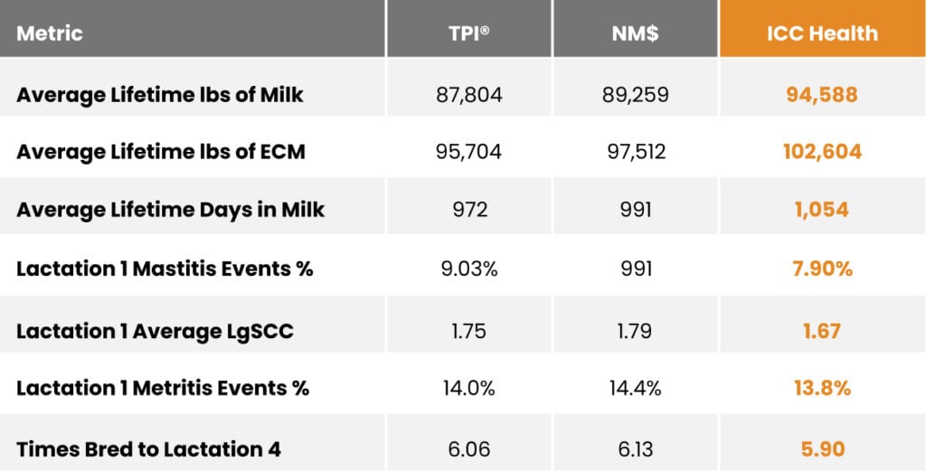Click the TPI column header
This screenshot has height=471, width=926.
(469, 33)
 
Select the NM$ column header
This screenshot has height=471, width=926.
(636, 33)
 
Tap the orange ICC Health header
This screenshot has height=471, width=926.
(822, 33)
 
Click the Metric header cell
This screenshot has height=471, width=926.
(50, 33)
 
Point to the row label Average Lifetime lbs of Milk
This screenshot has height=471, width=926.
(159, 95)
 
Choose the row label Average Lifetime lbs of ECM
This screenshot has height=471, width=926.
(161, 152)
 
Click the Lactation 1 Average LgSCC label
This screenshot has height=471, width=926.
(155, 331)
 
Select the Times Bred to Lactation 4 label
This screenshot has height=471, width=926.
(149, 449)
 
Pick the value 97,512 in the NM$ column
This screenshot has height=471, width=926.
(636, 152)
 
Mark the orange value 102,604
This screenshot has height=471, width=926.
(822, 152)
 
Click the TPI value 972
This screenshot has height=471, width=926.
(469, 210)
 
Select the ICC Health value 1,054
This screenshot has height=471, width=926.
(822, 210)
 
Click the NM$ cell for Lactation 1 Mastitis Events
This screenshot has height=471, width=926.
(636, 269)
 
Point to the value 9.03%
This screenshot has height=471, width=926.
(469, 269)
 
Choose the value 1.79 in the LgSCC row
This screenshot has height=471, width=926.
(636, 331)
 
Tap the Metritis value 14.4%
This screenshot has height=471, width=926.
(636, 389)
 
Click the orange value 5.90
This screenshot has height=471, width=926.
(822, 449)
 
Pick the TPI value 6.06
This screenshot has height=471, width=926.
(469, 449)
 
